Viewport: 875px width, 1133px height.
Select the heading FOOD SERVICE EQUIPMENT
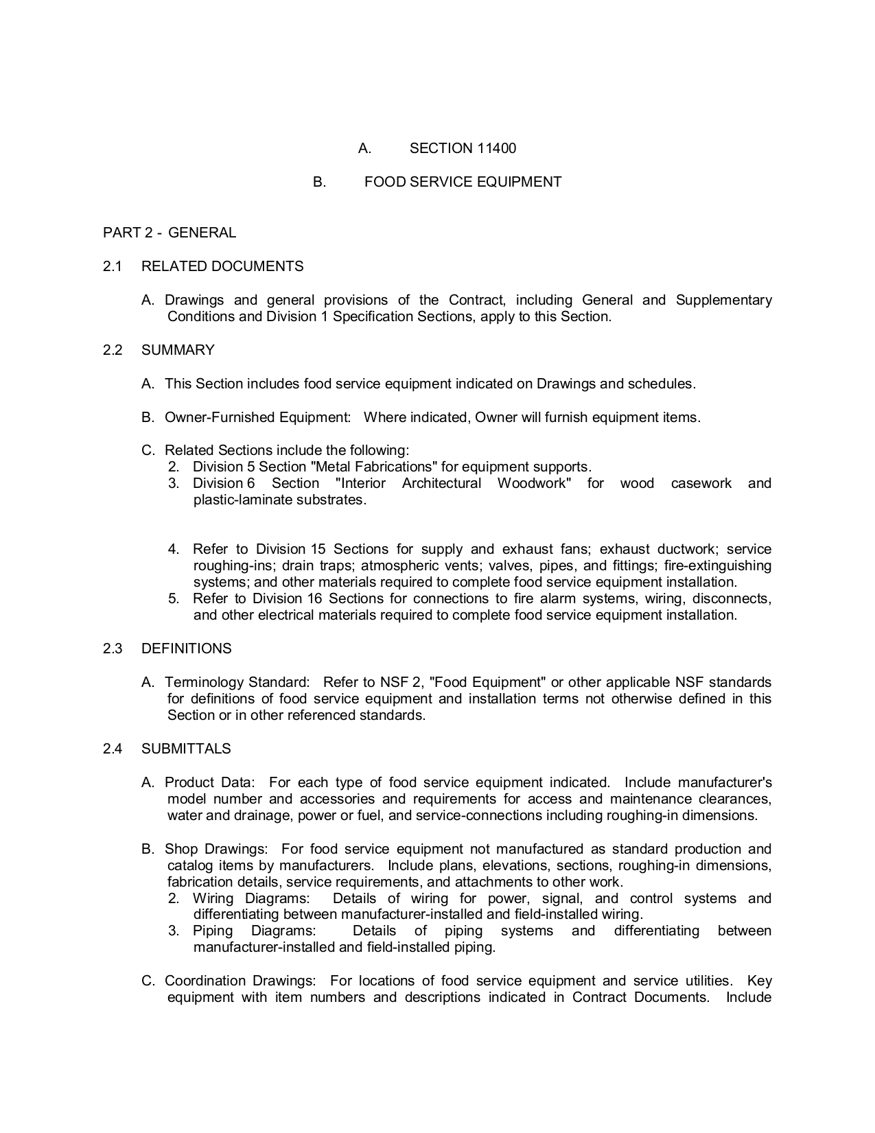(463, 182)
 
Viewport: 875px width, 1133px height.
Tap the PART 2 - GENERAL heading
(170, 233)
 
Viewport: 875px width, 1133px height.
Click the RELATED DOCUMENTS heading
(222, 266)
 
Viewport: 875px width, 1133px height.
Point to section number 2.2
(113, 350)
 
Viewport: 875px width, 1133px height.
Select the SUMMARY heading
(178, 350)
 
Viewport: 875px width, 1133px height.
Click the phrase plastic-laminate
(243, 500)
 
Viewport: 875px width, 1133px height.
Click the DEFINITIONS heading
(187, 649)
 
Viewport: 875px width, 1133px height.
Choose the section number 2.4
(113, 749)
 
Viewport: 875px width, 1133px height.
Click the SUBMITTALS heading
(186, 749)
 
